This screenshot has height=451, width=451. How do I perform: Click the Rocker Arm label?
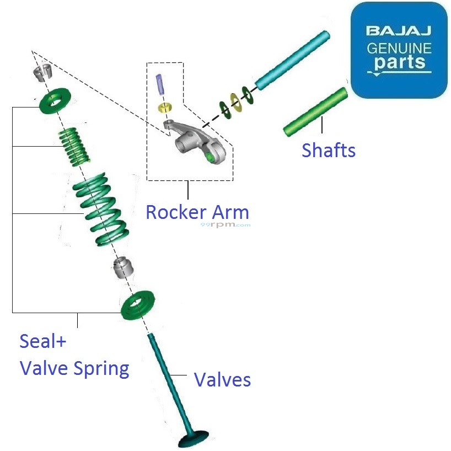[x=197, y=212]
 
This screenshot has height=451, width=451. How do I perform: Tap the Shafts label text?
[x=329, y=149]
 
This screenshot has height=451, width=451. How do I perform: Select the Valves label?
[x=222, y=379]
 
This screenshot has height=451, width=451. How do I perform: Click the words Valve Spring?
[x=74, y=368]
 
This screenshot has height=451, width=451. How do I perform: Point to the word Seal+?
[x=43, y=341]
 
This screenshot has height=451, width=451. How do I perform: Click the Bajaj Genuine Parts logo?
[x=399, y=50]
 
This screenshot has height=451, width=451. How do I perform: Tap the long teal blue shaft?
[x=292, y=61]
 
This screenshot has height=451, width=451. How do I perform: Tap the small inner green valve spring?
[x=74, y=146]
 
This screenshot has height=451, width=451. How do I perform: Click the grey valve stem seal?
[x=124, y=267]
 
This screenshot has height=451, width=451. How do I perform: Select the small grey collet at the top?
[x=42, y=72]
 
